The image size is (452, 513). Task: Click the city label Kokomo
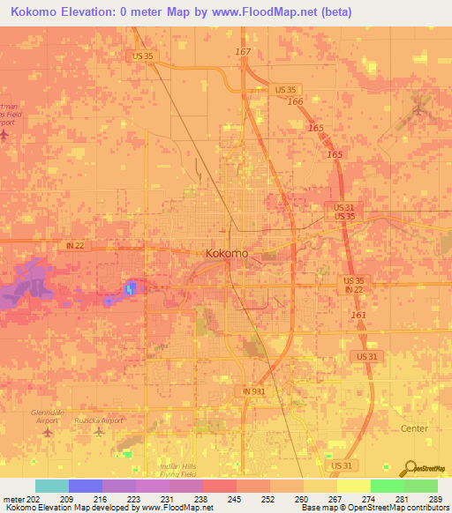[226, 253]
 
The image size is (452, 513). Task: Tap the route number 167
[243, 52]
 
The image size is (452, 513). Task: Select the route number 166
[296, 103]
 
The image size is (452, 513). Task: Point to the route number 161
[358, 315]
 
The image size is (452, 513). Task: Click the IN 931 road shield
[253, 390]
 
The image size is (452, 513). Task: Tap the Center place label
[413, 428]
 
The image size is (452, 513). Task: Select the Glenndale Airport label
[47, 416]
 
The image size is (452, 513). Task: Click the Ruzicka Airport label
[98, 420]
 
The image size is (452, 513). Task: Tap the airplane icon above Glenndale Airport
[49, 433]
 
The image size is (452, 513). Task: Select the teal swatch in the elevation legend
[52, 486]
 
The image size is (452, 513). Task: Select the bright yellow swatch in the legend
[354, 486]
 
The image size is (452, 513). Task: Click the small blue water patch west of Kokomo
[132, 287]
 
